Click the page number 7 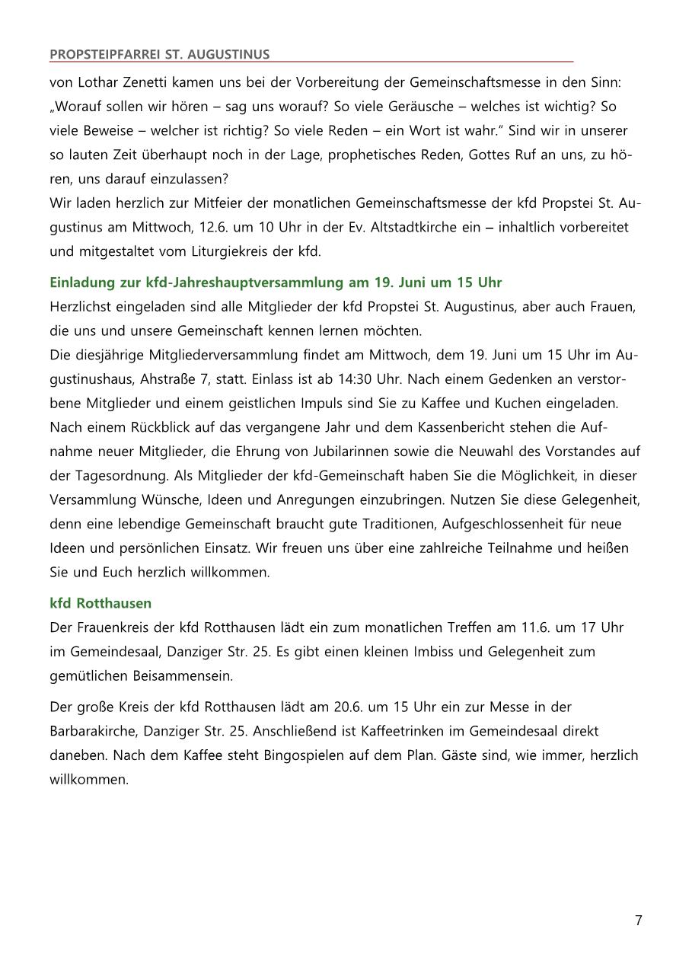tap(639, 921)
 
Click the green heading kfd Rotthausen tap(100, 603)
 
